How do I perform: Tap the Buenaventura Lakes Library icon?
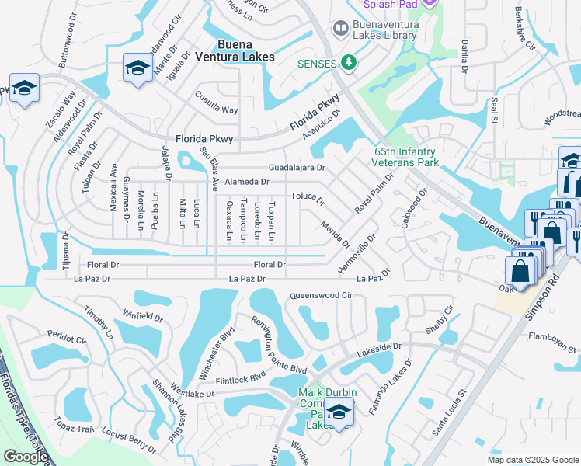339,30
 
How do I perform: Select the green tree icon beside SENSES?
349,63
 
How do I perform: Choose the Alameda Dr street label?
246,182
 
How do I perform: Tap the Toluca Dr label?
308,197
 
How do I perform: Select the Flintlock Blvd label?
241,376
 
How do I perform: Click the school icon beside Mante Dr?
137,67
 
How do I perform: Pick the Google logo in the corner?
26,457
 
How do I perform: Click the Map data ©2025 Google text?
533,460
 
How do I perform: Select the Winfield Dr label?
142,318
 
